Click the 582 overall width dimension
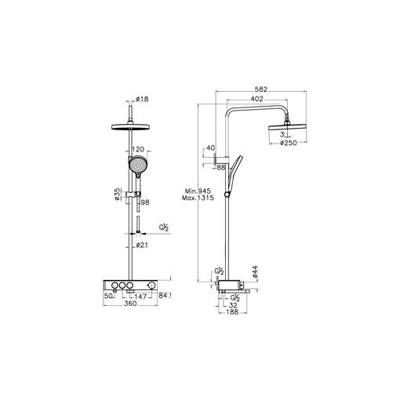pyautogui.click(x=261, y=89)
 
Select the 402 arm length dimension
pyautogui.click(x=257, y=99)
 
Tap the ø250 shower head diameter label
pyautogui.click(x=288, y=143)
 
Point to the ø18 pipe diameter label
pyautogui.click(x=142, y=99)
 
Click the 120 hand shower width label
pyautogui.click(x=138, y=149)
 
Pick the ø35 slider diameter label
pyautogui.click(x=118, y=194)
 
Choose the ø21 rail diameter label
pyautogui.click(x=142, y=245)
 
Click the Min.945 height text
pyautogui.click(x=198, y=191)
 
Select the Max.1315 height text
pyautogui.click(x=198, y=198)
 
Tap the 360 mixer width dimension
pyautogui.click(x=130, y=304)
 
